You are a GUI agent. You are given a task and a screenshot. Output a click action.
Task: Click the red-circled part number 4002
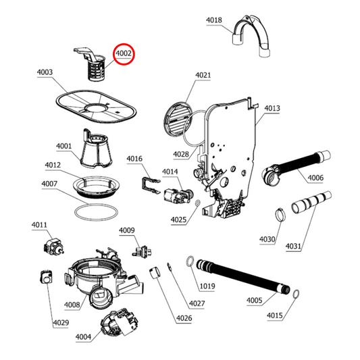(124, 53)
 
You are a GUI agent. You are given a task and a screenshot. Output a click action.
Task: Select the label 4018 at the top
(213, 20)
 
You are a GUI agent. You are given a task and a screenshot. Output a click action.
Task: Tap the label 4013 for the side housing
(272, 108)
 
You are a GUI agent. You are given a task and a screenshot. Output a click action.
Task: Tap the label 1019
(207, 286)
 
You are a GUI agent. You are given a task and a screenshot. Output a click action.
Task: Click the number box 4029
(60, 323)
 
